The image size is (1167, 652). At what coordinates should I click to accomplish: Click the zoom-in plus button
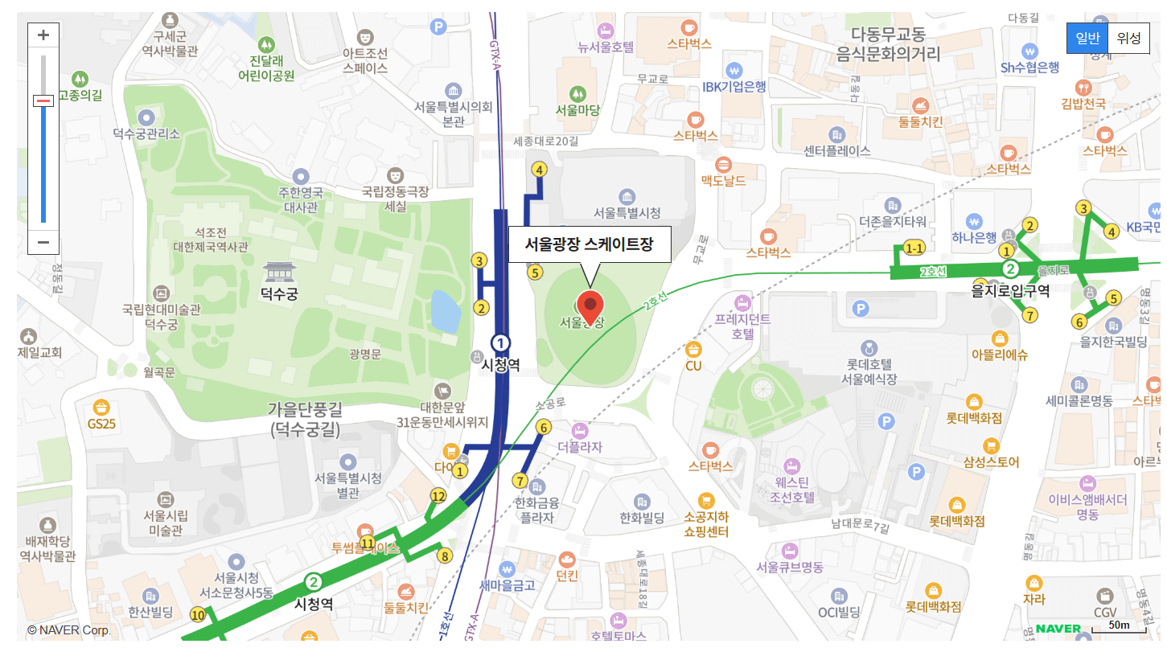pos(43,35)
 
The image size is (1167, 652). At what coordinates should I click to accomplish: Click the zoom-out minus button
pos(43,242)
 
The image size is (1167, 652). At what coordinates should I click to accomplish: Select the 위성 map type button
pos(1128,38)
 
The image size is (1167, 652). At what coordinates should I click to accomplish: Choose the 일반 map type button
pos(1087,38)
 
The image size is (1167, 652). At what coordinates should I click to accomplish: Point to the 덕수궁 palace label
pos(279,294)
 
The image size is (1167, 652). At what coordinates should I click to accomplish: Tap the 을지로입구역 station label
pos(1010,291)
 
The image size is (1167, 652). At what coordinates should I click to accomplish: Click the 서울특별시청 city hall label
pos(627,213)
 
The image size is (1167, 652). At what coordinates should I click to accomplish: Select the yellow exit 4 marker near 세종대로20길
pos(540,170)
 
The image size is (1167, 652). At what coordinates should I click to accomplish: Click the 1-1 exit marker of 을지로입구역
pos(914,248)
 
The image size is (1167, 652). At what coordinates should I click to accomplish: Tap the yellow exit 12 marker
pos(438,496)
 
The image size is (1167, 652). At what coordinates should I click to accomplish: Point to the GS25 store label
pos(101,423)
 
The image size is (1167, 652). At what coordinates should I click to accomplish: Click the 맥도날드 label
pos(724,180)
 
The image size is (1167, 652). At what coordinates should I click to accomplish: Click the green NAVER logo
pos(1058,628)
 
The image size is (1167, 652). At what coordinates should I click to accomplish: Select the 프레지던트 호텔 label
pos(742,326)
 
